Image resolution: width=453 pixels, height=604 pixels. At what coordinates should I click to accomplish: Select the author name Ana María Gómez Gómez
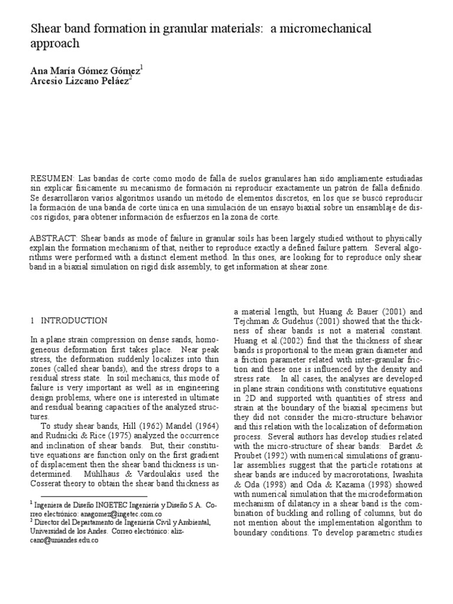(85, 70)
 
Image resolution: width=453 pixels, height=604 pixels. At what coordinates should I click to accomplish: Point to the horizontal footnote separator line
(88, 497)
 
